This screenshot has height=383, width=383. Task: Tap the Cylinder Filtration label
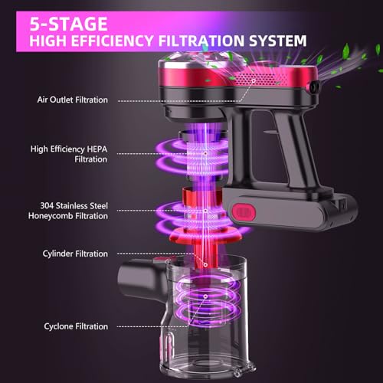click(77, 253)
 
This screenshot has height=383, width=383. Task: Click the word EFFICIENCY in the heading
click(126, 38)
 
